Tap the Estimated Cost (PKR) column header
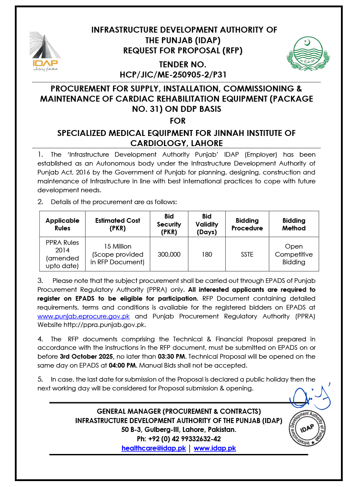click(x=118, y=224)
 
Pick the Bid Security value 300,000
click(x=169, y=255)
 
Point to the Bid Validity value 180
click(x=207, y=255)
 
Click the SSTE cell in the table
click(x=247, y=255)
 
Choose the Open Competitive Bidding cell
click(x=294, y=255)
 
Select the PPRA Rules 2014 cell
click(x=63, y=254)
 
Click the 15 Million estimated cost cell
click(x=118, y=254)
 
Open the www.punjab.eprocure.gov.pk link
click(x=83, y=316)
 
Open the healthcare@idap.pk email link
click(x=153, y=448)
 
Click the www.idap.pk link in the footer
click(x=215, y=448)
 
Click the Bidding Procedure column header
click(x=247, y=224)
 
